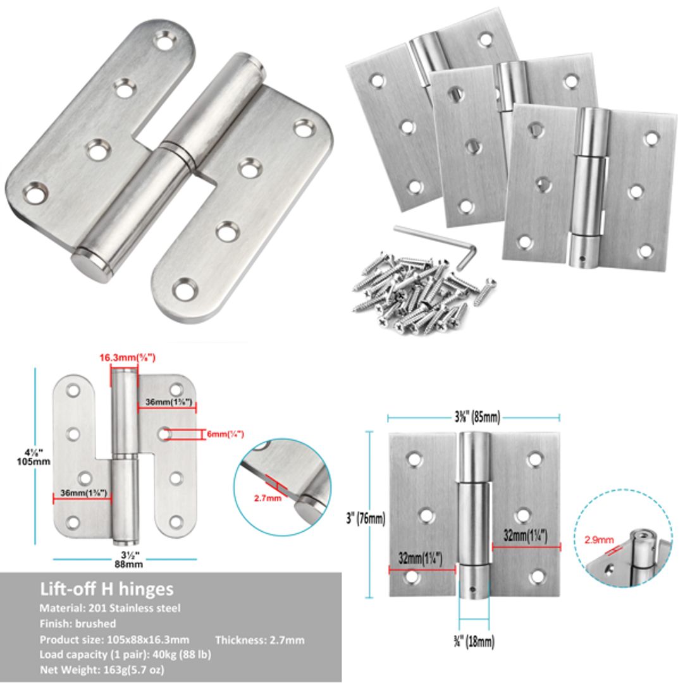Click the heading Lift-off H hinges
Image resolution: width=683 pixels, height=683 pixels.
[x=106, y=589]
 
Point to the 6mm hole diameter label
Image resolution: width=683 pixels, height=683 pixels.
[x=225, y=434]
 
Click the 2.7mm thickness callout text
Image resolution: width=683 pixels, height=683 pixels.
[x=268, y=498]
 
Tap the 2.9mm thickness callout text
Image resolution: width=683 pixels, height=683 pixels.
[x=599, y=539]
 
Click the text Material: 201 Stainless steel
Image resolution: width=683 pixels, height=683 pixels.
[x=110, y=608]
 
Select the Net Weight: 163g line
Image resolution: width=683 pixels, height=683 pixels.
[x=102, y=669]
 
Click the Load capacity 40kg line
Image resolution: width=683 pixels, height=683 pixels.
[x=125, y=655]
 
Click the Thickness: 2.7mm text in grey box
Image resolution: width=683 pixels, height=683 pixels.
[x=259, y=639]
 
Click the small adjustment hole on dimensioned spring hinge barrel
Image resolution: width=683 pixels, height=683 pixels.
[x=474, y=590]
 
